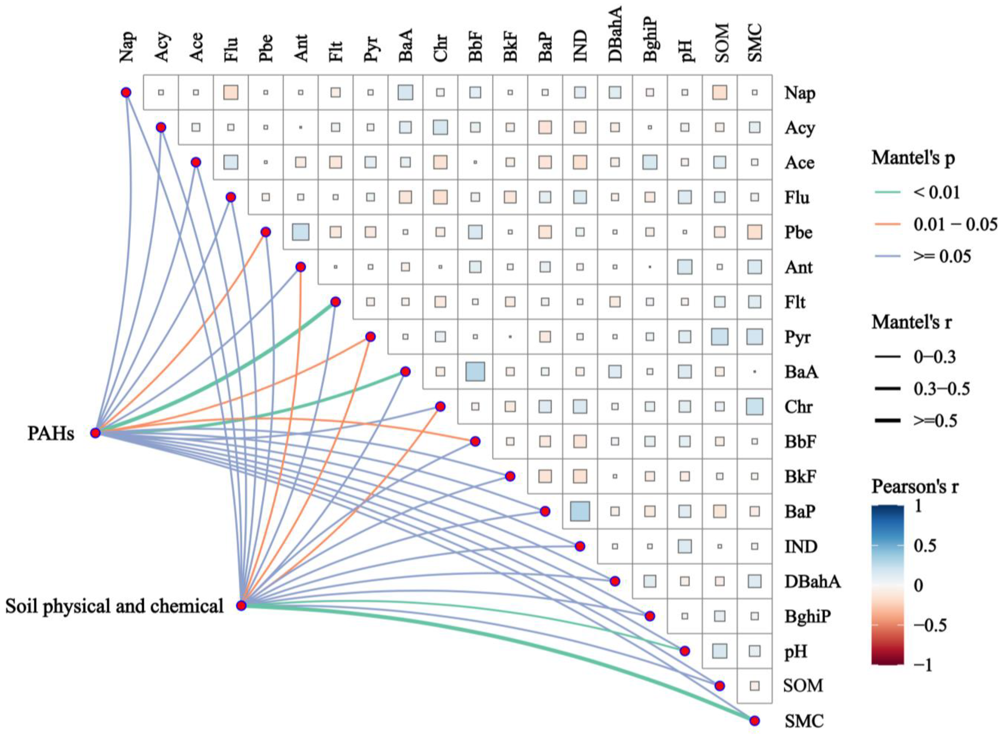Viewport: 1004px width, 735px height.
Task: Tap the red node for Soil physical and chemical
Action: (241, 605)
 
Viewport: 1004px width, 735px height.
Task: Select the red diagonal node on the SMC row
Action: (754, 721)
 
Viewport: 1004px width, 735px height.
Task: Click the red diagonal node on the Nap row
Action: (126, 92)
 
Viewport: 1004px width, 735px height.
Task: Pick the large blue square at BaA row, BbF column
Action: (475, 372)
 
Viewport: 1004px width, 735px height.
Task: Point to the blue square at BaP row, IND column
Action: (580, 511)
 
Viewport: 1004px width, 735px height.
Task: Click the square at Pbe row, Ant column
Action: (301, 232)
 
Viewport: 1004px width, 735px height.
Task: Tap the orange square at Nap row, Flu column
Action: (231, 92)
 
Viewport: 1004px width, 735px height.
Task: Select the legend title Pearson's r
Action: (914, 487)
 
